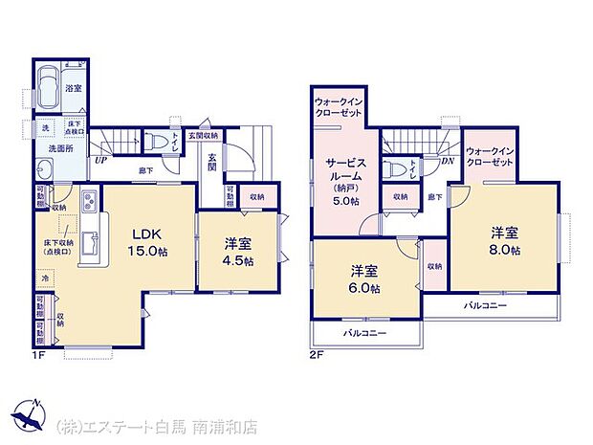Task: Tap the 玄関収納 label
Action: click(x=203, y=135)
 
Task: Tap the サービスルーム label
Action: click(x=340, y=180)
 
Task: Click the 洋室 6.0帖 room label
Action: click(x=363, y=278)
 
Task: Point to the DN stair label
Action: click(x=446, y=162)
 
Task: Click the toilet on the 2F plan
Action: click(x=399, y=169)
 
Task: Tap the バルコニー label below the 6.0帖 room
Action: click(x=365, y=333)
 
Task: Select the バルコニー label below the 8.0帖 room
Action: click(x=486, y=305)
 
